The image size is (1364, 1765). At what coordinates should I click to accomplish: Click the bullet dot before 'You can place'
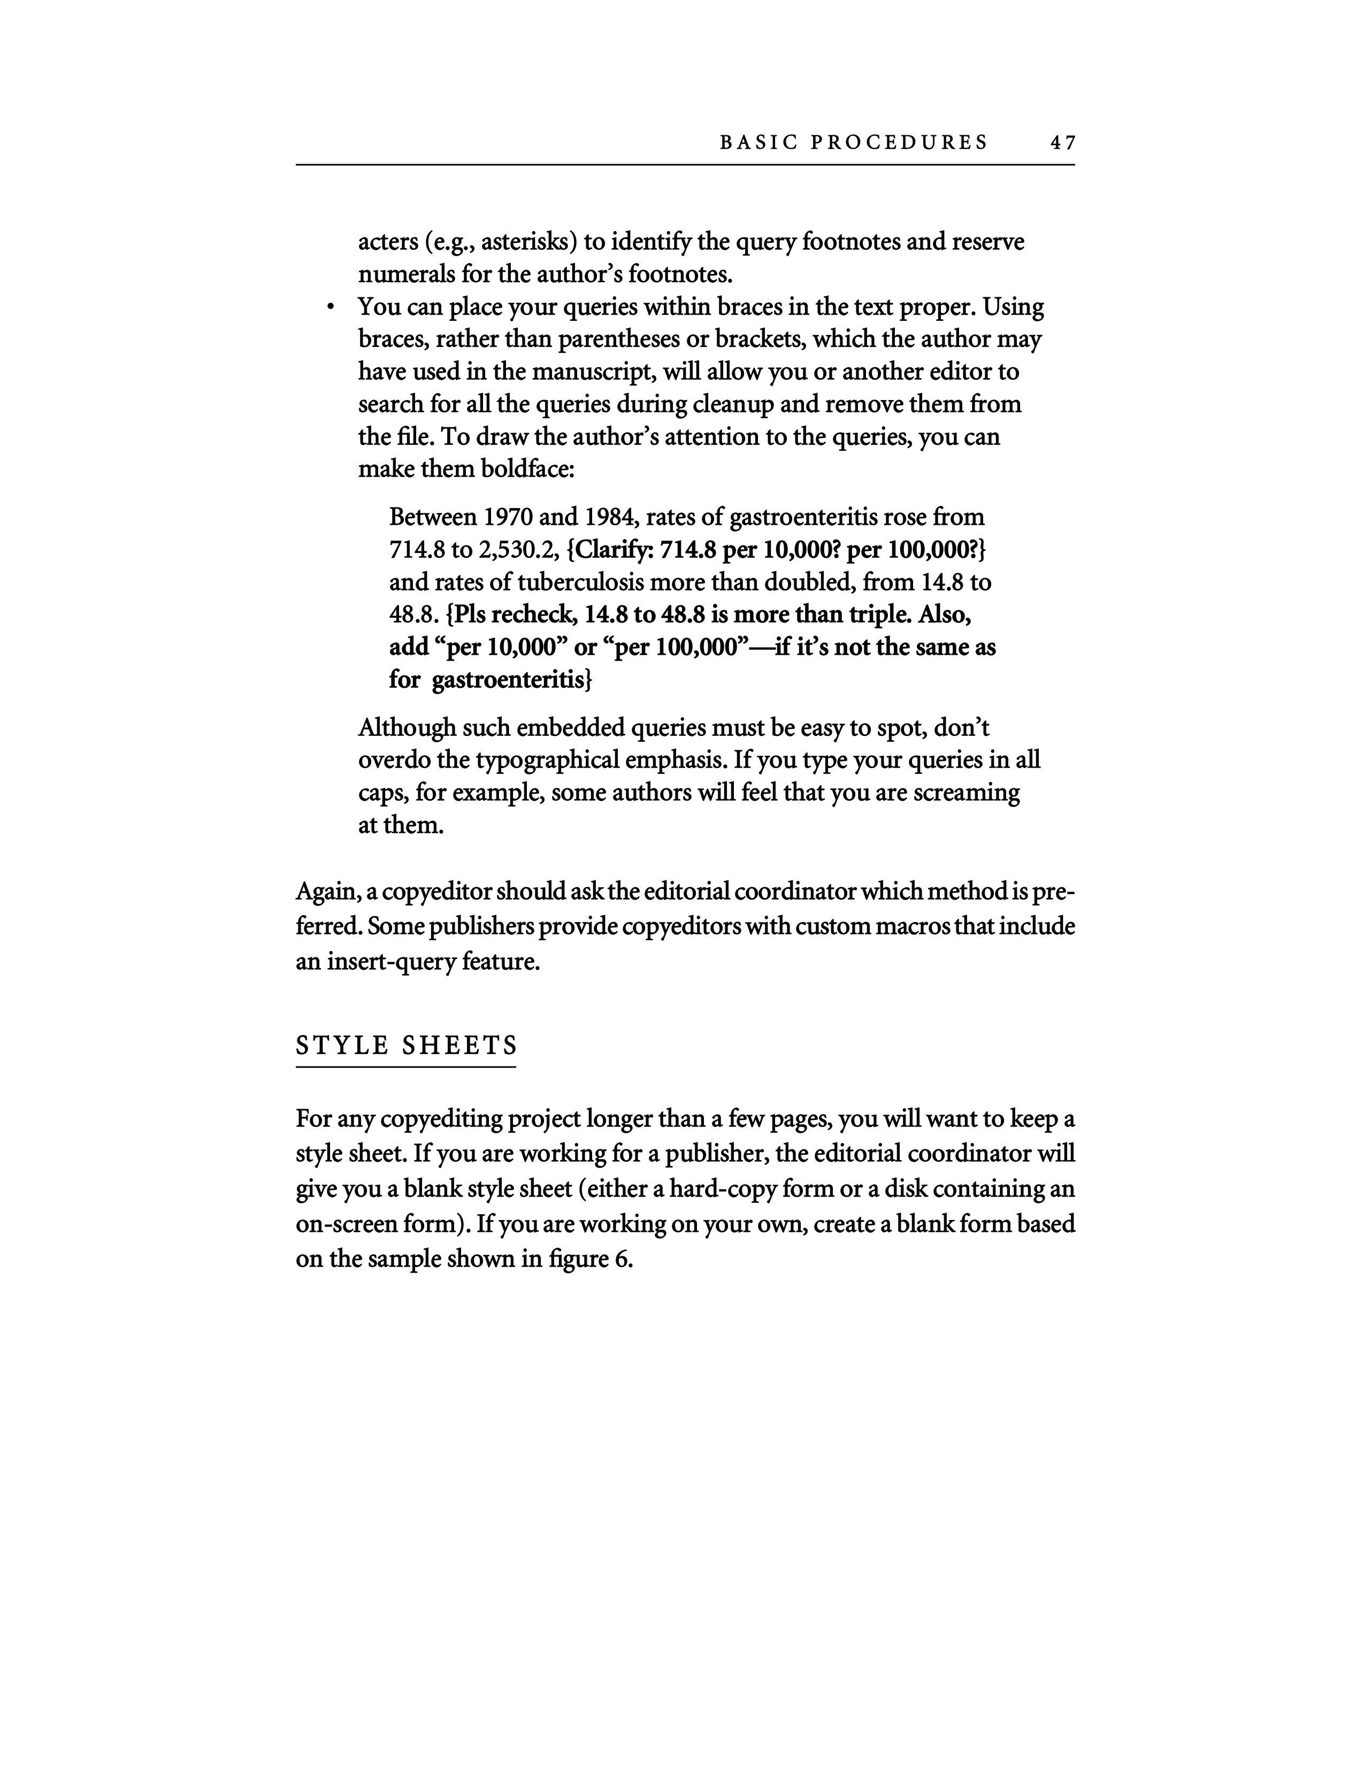[329, 308]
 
